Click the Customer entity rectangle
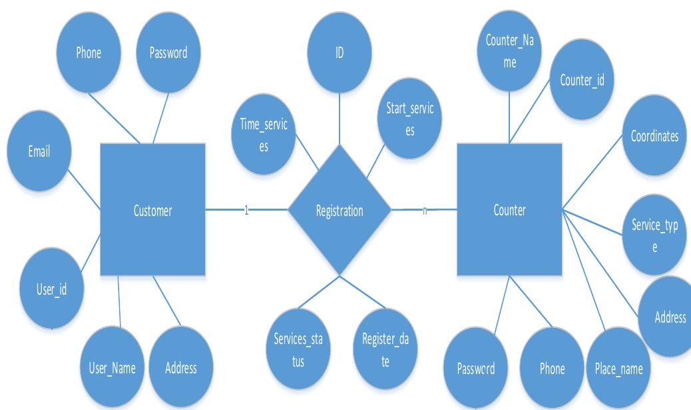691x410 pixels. pyautogui.click(x=152, y=211)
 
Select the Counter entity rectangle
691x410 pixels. pyautogui.click(x=509, y=211)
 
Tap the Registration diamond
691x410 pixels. pyautogui.click(x=340, y=211)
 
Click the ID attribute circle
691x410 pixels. pyautogui.click(x=340, y=53)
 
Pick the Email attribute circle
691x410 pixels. pyautogui.click(x=39, y=151)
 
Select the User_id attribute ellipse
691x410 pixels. pyautogui.click(x=52, y=289)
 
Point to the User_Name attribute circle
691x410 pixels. pyautogui.click(x=112, y=368)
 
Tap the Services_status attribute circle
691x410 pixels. pyautogui.click(x=298, y=349)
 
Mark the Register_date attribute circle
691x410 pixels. pyautogui.click(x=385, y=349)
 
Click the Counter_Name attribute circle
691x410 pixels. pyautogui.click(x=509, y=51)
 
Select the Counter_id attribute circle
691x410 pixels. pyautogui.click(x=582, y=81)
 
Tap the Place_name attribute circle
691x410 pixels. pyautogui.click(x=618, y=368)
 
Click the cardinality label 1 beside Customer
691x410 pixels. pyautogui.click(x=246, y=211)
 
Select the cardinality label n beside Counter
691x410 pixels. pyautogui.click(x=425, y=211)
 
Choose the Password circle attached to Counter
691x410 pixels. pyautogui.click(x=476, y=368)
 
